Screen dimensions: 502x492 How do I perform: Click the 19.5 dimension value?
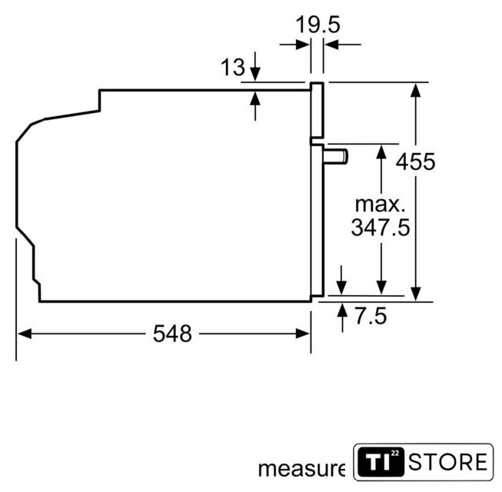point(317,25)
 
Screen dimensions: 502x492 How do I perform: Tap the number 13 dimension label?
point(233,67)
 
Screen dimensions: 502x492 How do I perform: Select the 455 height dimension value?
point(416,161)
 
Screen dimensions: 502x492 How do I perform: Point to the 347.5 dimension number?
point(381,228)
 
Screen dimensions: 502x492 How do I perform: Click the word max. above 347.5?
point(381,204)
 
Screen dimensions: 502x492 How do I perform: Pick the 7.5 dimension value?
point(371,316)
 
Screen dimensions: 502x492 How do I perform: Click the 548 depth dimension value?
point(172,334)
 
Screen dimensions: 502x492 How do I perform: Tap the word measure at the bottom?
point(301,469)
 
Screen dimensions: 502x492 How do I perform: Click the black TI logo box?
point(381,462)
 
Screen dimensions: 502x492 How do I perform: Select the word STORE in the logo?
point(448,462)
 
